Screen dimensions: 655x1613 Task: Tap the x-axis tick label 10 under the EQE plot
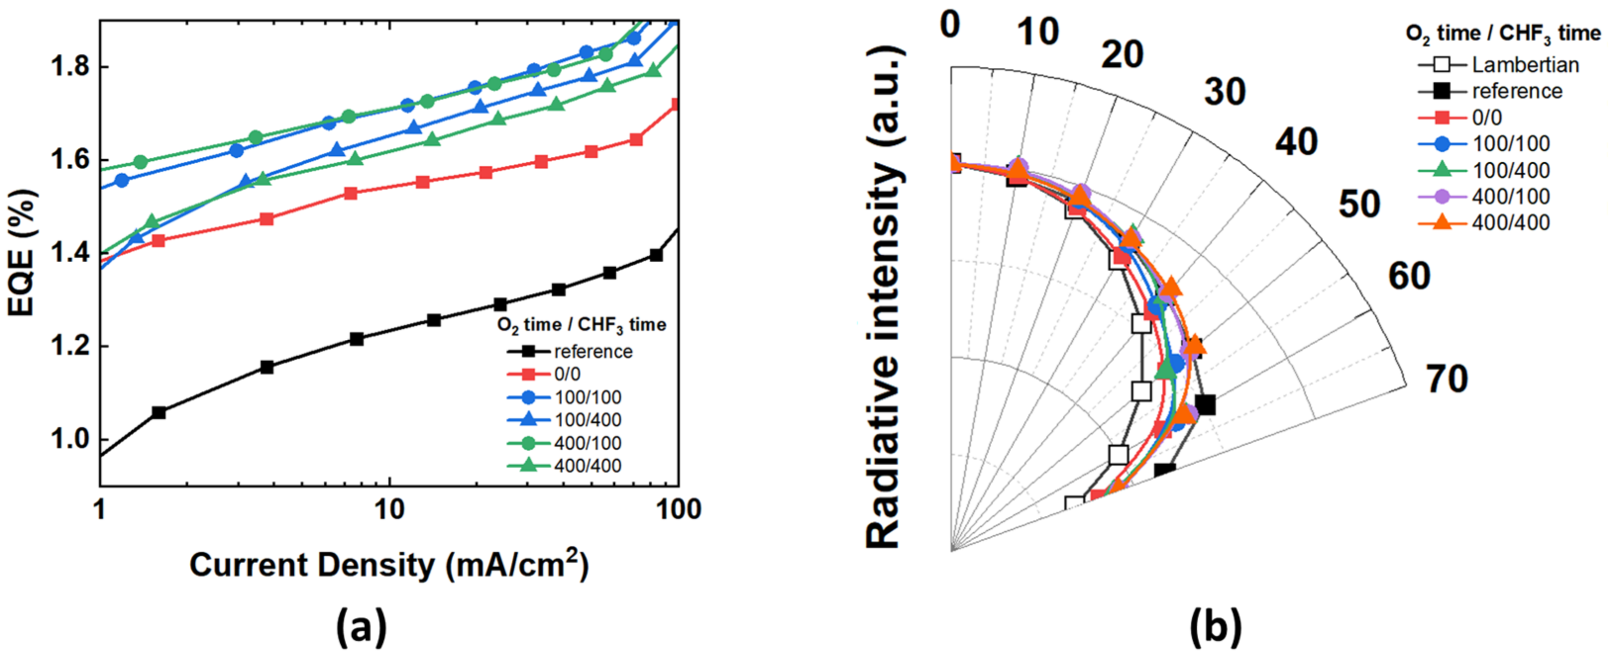[x=389, y=510]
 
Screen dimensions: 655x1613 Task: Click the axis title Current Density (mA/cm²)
[x=389, y=565]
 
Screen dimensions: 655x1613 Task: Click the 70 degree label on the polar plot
[x=1447, y=379]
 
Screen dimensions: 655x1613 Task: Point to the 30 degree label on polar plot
[x=1224, y=92]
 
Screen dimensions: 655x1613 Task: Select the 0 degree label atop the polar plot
[x=950, y=25]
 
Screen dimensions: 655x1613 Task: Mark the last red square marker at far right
[x=675, y=104]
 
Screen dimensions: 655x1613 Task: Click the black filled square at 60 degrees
[x=1205, y=405]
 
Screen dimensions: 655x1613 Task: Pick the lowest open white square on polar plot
[x=1075, y=504]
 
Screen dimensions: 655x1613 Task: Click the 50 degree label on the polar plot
[x=1359, y=204]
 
